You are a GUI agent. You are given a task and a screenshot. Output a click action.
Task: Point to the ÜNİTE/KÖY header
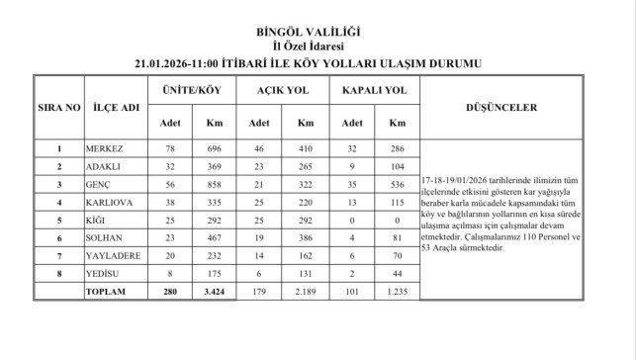point(191,90)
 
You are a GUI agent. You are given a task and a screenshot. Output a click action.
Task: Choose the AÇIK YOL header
point(282,90)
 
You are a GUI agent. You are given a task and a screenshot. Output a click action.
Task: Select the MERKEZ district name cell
point(106,148)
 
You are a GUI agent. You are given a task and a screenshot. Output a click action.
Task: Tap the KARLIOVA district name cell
point(110,202)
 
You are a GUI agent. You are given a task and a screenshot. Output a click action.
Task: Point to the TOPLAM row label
point(108,293)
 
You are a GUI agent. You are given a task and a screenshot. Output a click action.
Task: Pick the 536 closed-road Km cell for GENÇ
point(397,184)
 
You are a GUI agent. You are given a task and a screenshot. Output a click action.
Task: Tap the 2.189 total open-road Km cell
point(305,293)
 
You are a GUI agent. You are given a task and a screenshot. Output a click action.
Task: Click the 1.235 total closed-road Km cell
point(397,293)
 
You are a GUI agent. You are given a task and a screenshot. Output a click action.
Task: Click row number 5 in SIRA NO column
point(60,221)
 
